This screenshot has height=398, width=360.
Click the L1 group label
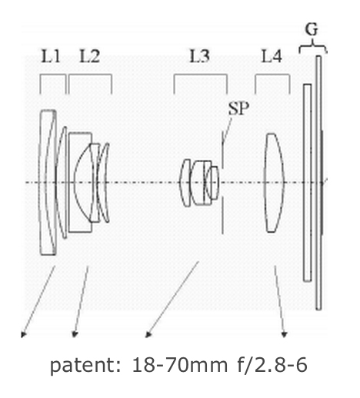[51, 56]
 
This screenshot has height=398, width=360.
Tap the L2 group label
[89, 56]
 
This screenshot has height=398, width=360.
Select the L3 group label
[199, 56]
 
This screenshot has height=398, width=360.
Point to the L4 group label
[272, 56]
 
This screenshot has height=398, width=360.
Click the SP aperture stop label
[238, 108]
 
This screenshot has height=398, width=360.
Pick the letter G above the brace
[312, 29]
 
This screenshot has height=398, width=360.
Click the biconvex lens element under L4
[274, 183]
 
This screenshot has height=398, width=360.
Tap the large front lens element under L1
[48, 183]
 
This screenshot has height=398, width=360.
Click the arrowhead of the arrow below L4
[284, 334]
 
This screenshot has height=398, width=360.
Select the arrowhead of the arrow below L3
[148, 334]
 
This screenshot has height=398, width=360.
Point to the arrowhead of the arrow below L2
[75, 334]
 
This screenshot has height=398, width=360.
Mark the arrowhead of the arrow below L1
[23, 334]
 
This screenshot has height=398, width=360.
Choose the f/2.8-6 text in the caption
[272, 365]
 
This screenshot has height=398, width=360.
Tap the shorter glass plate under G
[307, 183]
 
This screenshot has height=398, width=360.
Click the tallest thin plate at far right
[318, 183]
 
